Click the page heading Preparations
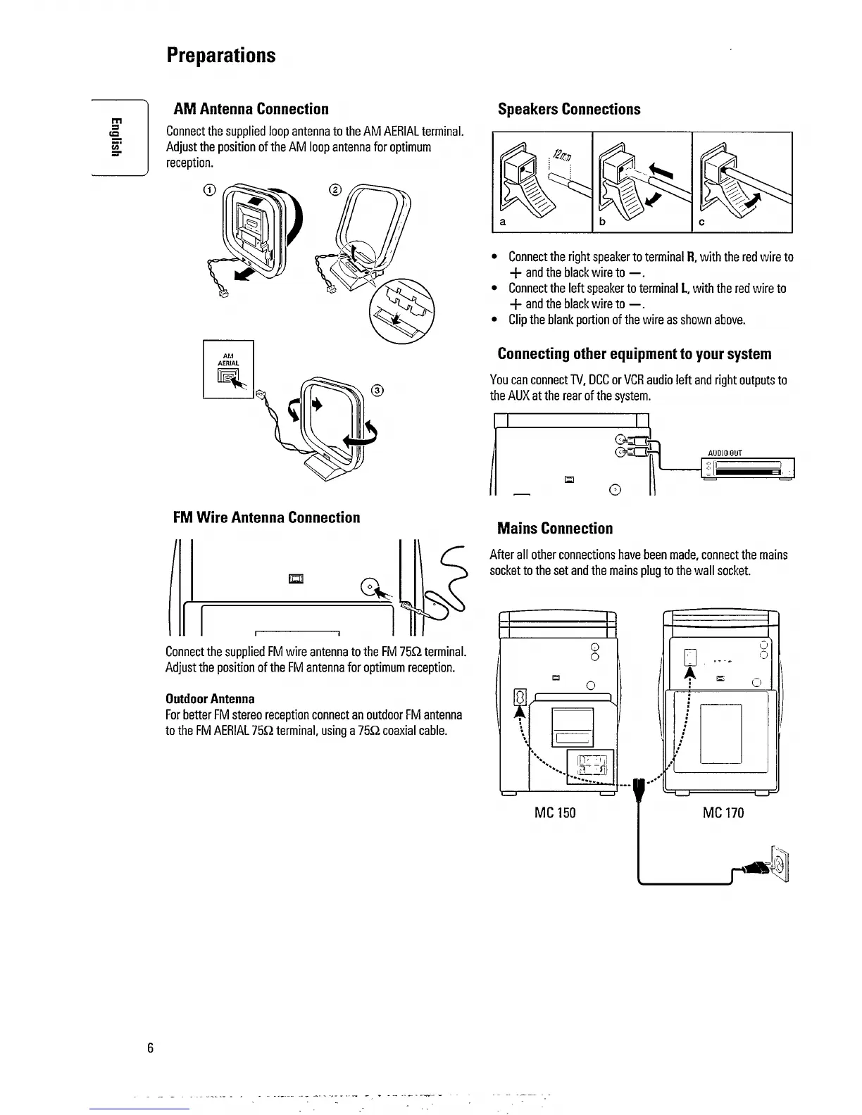221,55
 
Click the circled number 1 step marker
208,189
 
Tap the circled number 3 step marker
377,391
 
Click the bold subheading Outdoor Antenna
210,699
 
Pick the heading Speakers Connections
569,109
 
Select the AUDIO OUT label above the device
725,453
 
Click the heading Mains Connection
555,529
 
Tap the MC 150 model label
555,813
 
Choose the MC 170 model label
723,813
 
